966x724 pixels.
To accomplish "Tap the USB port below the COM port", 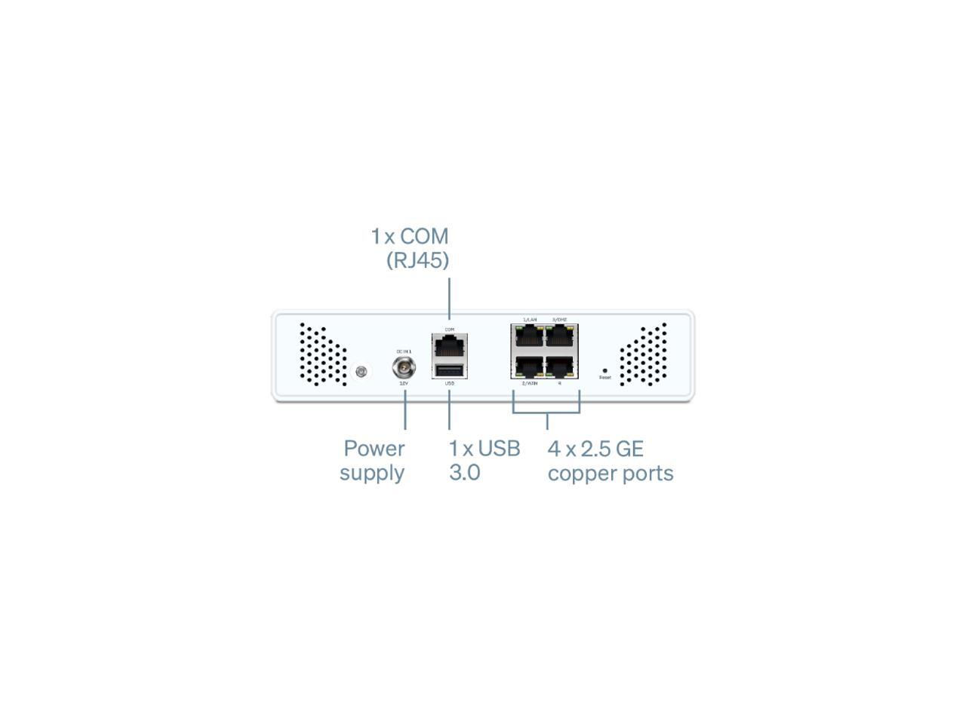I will tap(450, 370).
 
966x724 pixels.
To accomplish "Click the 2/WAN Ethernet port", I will tap(528, 367).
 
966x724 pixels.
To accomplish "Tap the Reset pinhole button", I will tap(605, 371).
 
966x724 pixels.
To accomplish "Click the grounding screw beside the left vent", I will tap(361, 371).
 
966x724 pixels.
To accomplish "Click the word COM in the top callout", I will tap(424, 236).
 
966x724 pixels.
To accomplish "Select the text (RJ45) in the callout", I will tap(417, 260).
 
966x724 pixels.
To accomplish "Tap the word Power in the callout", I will tap(374, 449).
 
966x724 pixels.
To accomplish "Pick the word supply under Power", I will tap(372, 473).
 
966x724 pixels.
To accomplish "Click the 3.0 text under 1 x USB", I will tap(464, 473).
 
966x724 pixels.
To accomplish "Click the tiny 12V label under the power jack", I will tap(404, 383).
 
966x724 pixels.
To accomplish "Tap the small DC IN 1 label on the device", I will tap(404, 351).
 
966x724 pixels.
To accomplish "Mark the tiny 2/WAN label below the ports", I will tap(530, 383).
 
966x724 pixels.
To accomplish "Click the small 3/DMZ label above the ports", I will tap(559, 320).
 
